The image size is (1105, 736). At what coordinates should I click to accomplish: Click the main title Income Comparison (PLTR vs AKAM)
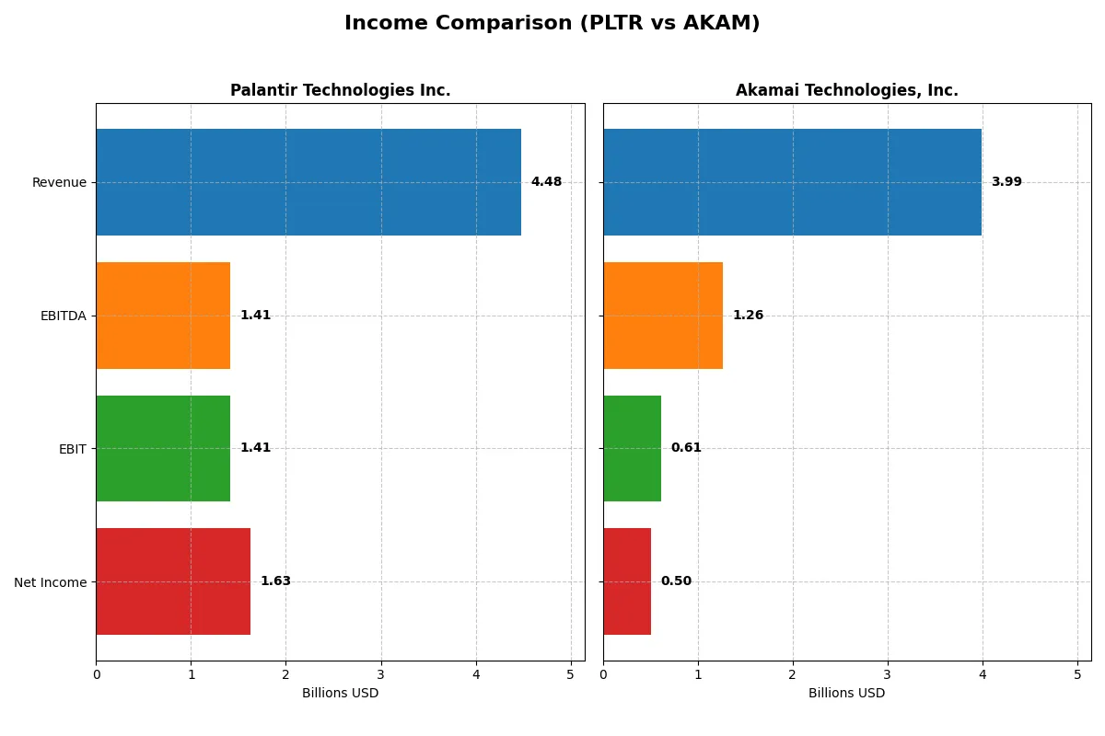click(x=552, y=24)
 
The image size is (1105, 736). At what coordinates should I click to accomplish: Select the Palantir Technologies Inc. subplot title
click(x=340, y=90)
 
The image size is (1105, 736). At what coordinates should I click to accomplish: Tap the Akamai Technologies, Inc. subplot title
click(x=846, y=90)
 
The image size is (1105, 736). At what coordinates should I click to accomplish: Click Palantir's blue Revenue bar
click(x=308, y=182)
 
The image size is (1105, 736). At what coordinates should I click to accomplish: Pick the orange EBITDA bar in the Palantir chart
click(x=163, y=316)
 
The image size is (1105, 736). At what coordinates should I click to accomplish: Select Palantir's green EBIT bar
click(x=163, y=448)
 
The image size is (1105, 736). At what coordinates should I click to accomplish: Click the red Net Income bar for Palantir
click(x=173, y=581)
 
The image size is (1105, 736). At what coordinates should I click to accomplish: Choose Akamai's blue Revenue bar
click(x=792, y=182)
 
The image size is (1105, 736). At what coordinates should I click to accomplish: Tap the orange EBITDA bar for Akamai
click(x=663, y=316)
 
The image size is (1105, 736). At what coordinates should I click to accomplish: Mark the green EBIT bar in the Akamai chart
click(x=632, y=448)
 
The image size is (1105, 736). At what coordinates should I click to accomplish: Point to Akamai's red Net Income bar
click(x=627, y=581)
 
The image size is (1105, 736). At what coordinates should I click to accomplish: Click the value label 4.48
click(x=546, y=182)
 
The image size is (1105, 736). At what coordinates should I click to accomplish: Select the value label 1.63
click(x=275, y=581)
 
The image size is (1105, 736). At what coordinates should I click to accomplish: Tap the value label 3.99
click(x=1006, y=182)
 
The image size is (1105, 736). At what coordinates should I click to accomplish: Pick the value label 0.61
click(x=686, y=448)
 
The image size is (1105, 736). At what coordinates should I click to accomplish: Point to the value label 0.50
click(x=676, y=581)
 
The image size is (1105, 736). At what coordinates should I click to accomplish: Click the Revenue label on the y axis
click(x=59, y=182)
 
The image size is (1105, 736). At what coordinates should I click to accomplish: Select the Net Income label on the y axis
click(x=50, y=582)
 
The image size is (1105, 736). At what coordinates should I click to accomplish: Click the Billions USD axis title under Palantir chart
click(x=340, y=694)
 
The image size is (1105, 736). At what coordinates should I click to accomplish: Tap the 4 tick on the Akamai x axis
click(x=983, y=674)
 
